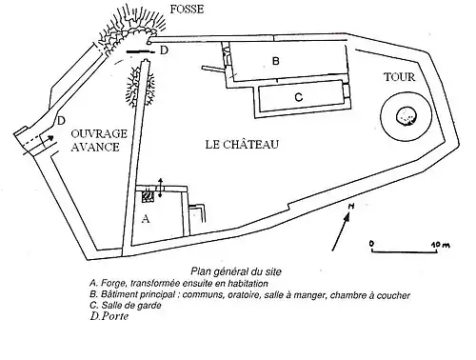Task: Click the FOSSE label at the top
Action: pos(187,10)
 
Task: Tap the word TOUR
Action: pos(399,77)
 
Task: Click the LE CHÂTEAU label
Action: pos(242,145)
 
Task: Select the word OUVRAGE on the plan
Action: pos(99,133)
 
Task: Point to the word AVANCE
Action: pos(95,147)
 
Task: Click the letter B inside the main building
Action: pos(276,61)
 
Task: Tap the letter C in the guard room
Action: pos(299,97)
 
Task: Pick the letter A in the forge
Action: pos(146,219)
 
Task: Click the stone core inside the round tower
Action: pos(407,116)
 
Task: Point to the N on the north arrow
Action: pos(351,207)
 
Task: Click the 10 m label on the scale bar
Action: pos(441,245)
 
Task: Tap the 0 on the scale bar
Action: pos(371,244)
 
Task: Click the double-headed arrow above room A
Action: pos(160,188)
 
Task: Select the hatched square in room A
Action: pos(148,196)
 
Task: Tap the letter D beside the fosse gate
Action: pos(164,50)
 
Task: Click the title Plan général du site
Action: pos(236,271)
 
